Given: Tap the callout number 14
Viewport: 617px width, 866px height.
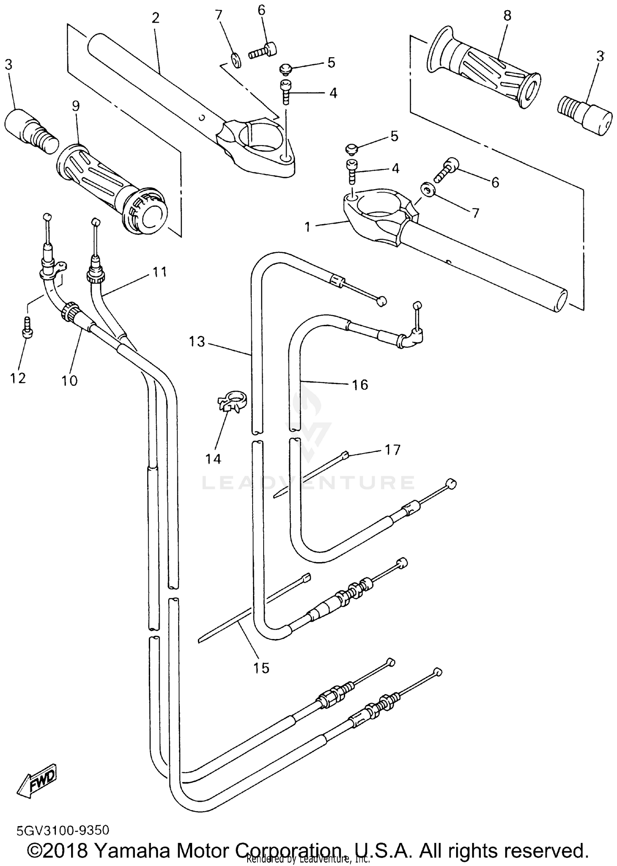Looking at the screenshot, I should [x=213, y=458].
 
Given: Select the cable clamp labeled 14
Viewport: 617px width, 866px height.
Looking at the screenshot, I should [x=232, y=401].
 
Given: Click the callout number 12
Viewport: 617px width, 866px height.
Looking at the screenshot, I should [x=18, y=378].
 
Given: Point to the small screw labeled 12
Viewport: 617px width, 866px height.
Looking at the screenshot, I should [x=28, y=327].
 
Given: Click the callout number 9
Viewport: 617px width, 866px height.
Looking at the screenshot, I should [x=76, y=106].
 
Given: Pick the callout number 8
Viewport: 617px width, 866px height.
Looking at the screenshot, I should [x=507, y=16].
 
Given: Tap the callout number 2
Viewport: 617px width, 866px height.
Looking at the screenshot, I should [x=155, y=18].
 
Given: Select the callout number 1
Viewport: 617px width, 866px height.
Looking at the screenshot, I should [x=307, y=227].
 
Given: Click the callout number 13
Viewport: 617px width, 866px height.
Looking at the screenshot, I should [x=197, y=341].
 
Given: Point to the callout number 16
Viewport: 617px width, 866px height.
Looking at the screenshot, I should [x=360, y=385].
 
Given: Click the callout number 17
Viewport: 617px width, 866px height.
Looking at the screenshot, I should [x=392, y=450].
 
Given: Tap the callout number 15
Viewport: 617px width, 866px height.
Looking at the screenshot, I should [x=261, y=668].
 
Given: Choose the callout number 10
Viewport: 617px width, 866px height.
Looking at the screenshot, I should [x=70, y=380].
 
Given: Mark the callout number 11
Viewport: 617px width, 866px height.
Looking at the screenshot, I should [x=160, y=271].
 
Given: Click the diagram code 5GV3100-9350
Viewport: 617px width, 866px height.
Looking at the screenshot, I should [x=63, y=830].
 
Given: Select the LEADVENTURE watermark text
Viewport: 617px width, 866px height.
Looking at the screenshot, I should [x=308, y=482].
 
